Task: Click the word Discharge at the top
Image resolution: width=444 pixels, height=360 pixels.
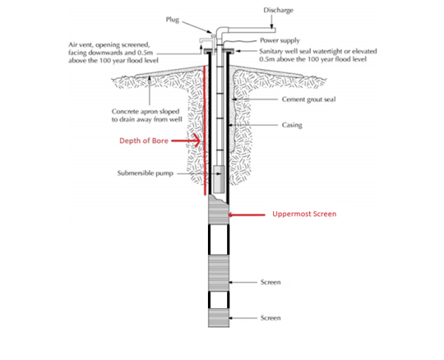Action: click(278, 10)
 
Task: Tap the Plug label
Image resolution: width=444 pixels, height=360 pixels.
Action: click(172, 20)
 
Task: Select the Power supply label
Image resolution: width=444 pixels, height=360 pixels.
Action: click(280, 41)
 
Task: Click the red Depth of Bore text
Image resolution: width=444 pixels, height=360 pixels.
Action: click(144, 141)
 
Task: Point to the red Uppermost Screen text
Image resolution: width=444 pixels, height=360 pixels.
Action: click(304, 214)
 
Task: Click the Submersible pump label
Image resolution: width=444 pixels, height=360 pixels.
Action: click(145, 173)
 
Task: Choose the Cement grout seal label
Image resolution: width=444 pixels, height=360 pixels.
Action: click(309, 99)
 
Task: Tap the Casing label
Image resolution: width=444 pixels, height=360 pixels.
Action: click(292, 125)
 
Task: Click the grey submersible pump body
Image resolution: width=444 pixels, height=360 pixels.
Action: click(219, 179)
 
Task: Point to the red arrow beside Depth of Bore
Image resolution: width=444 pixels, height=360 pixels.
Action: click(186, 141)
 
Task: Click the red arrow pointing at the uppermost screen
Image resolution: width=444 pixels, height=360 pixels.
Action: click(246, 215)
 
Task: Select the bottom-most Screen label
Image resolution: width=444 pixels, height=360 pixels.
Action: click(271, 318)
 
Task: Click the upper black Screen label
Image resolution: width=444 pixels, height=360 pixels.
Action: click(271, 282)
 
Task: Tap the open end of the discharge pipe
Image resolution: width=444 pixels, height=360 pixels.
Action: click(273, 30)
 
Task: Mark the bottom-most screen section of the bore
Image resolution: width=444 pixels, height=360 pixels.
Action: click(218, 318)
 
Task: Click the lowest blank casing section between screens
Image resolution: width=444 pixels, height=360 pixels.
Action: click(218, 300)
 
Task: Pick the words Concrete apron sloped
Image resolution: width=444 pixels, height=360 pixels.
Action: click(146, 111)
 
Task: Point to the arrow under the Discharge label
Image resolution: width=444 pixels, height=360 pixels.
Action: click(272, 21)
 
